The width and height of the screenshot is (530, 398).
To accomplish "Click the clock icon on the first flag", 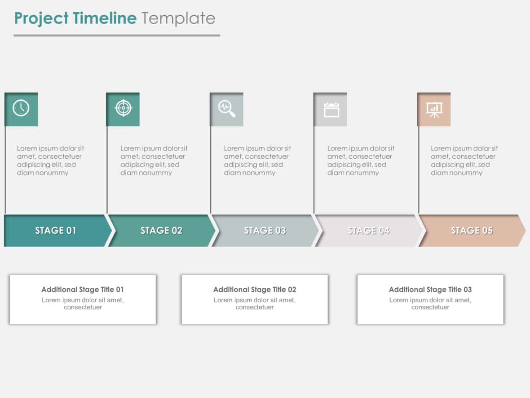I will tap(21, 108).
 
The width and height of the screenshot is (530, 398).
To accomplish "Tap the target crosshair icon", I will tap(124, 108).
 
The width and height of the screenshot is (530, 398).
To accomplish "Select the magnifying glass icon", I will tap(226, 108).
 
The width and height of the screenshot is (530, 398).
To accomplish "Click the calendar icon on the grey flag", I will tap(331, 109).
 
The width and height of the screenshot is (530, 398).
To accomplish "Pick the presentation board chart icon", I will tap(434, 109).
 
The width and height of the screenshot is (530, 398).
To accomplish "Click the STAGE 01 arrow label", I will tap(56, 231).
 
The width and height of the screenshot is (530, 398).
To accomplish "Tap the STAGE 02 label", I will tap(161, 231).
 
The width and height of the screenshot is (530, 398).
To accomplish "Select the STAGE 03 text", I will tap(265, 231).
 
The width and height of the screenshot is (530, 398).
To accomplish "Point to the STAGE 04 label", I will tap(368, 231).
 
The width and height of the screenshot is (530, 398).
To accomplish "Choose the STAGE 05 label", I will tap(472, 231).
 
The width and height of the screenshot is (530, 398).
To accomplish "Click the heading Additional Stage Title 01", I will tap(83, 290).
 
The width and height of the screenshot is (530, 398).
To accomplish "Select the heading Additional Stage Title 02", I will tap(255, 290).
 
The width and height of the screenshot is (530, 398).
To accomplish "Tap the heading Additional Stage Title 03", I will tap(430, 290).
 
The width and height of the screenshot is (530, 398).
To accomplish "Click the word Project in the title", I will tap(41, 18).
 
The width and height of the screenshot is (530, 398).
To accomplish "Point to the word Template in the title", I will tap(178, 18).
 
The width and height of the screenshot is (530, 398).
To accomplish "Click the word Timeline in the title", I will tap(105, 18).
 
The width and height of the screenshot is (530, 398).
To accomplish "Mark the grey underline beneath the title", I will tap(117, 35).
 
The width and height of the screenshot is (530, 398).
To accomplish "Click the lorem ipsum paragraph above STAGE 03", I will tap(257, 161).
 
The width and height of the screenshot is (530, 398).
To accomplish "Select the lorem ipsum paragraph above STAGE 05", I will tap(464, 161).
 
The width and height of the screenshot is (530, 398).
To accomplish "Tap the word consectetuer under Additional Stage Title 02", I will tap(255, 308).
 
